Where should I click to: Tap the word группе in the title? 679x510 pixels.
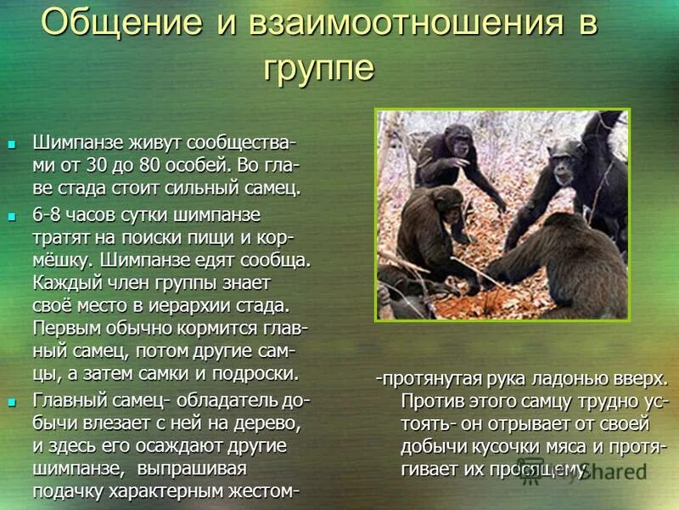click(x=318, y=69)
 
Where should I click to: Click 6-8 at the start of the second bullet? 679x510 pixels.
click(x=50, y=212)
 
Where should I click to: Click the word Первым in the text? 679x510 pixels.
click(x=63, y=326)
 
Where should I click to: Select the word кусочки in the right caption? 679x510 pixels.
click(x=497, y=445)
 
